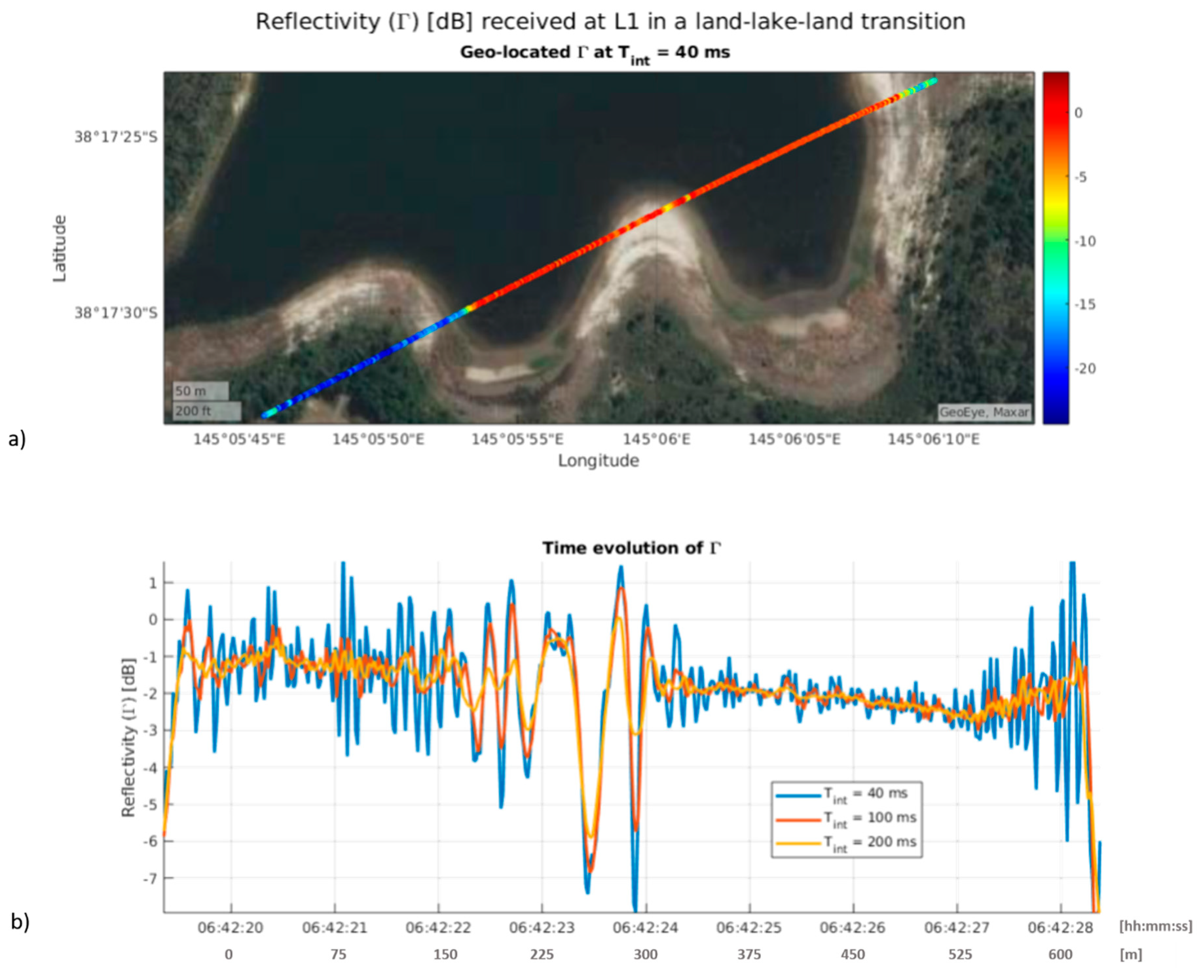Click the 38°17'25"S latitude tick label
pyautogui.click(x=116, y=137)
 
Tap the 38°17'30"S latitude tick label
pyautogui.click(x=116, y=313)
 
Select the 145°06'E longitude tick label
pyautogui.click(x=656, y=439)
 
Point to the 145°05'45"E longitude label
pyautogui.click(x=239, y=439)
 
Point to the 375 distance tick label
pyautogui.click(x=749, y=955)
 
